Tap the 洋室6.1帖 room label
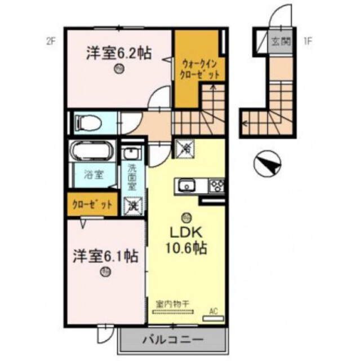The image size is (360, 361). [x=105, y=256]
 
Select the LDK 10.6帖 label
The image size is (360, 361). [x=184, y=239]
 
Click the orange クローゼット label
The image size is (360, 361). [x=92, y=205]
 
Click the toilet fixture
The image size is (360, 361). [x=90, y=121]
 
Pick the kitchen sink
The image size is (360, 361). [x=186, y=185]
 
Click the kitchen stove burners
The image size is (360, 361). [x=216, y=185]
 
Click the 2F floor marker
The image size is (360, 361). [x=52, y=41]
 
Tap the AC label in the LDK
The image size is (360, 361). [x=213, y=311]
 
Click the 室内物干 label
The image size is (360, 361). [x=172, y=303]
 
